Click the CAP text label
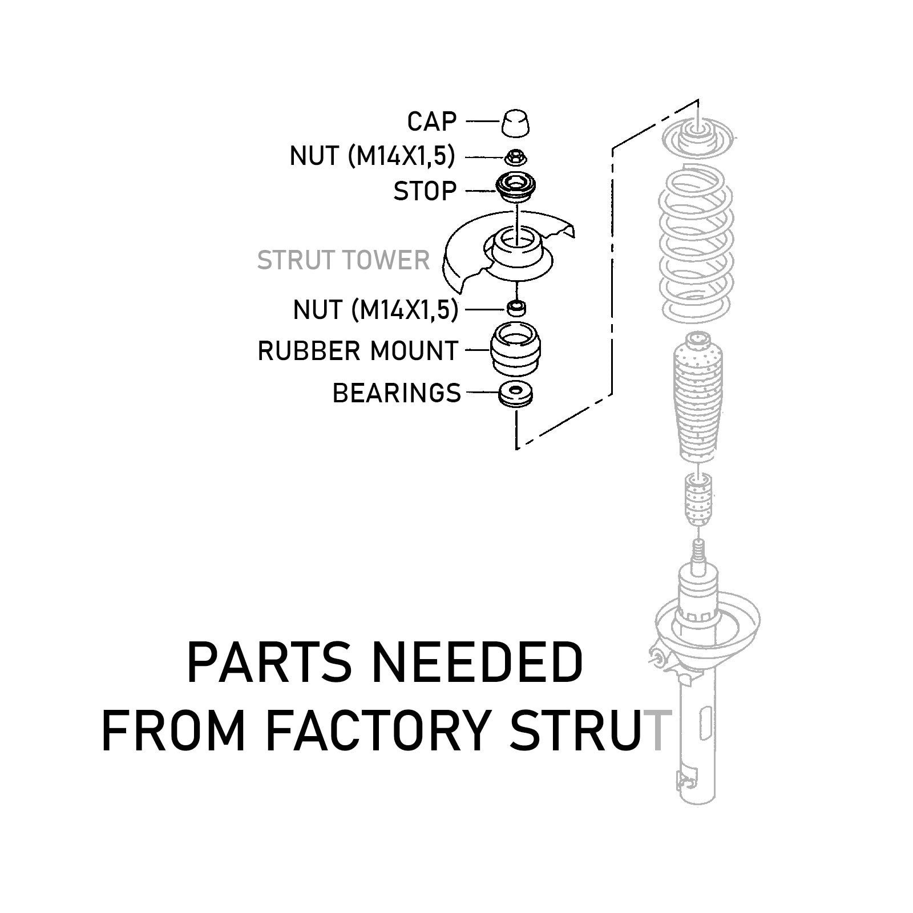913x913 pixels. point(432,122)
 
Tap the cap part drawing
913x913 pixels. point(516,122)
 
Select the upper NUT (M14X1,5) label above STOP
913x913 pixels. point(373,156)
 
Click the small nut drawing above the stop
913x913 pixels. point(516,156)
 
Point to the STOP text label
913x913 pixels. point(425,191)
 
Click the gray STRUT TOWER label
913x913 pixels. point(343,260)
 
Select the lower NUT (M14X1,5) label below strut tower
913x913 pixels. point(375,310)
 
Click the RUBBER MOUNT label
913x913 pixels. point(358,350)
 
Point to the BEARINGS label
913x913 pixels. point(397,393)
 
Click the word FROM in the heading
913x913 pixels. point(176,730)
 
